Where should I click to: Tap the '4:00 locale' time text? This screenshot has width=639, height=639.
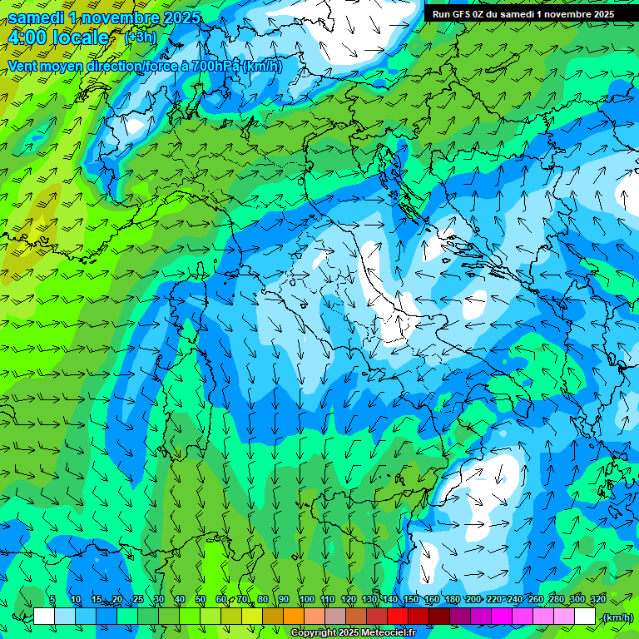click(58, 37)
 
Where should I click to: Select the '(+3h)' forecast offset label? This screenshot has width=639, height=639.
click(139, 37)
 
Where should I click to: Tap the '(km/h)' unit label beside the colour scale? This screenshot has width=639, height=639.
click(617, 617)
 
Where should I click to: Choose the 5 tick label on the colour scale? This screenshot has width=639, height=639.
click(52, 600)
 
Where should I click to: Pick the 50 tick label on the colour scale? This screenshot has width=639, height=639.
click(201, 600)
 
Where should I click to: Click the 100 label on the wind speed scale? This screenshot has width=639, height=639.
click(306, 600)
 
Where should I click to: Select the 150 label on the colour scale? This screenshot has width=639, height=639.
click(411, 600)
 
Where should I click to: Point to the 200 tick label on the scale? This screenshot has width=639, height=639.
click(473, 600)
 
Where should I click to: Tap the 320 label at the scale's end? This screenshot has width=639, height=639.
click(597, 600)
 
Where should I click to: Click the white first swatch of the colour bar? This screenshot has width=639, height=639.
click(44, 617)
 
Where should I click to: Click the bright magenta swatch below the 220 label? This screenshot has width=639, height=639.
click(502, 617)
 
